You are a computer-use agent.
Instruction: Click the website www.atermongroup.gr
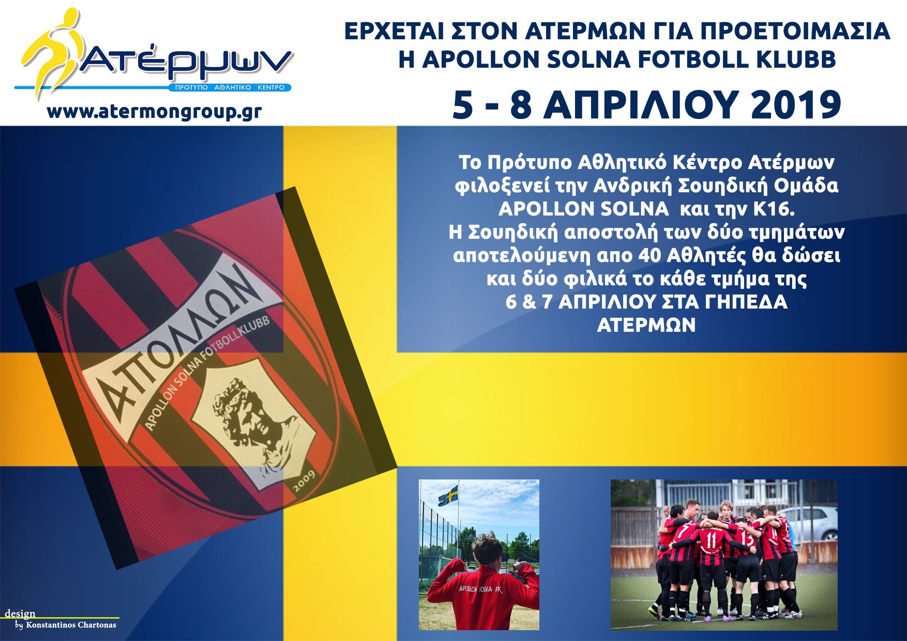[154, 112]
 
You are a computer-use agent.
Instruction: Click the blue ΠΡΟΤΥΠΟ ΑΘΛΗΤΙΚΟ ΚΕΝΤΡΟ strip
[230, 88]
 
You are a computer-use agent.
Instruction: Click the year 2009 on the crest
[304, 481]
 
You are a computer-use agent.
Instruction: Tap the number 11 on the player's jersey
[712, 540]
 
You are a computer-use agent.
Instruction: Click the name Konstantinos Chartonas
[71, 625]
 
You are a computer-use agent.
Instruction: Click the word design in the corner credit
[20, 614]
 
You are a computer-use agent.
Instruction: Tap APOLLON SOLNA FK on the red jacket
[481, 589]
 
